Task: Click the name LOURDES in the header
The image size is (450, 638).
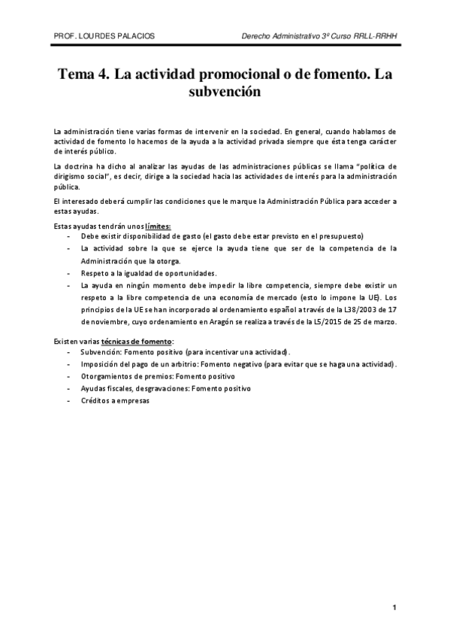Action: click(105, 37)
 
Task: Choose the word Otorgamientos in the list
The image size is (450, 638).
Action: click(107, 376)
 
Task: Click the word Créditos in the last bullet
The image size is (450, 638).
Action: click(97, 401)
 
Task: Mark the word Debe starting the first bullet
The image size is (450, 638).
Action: click(89, 236)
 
